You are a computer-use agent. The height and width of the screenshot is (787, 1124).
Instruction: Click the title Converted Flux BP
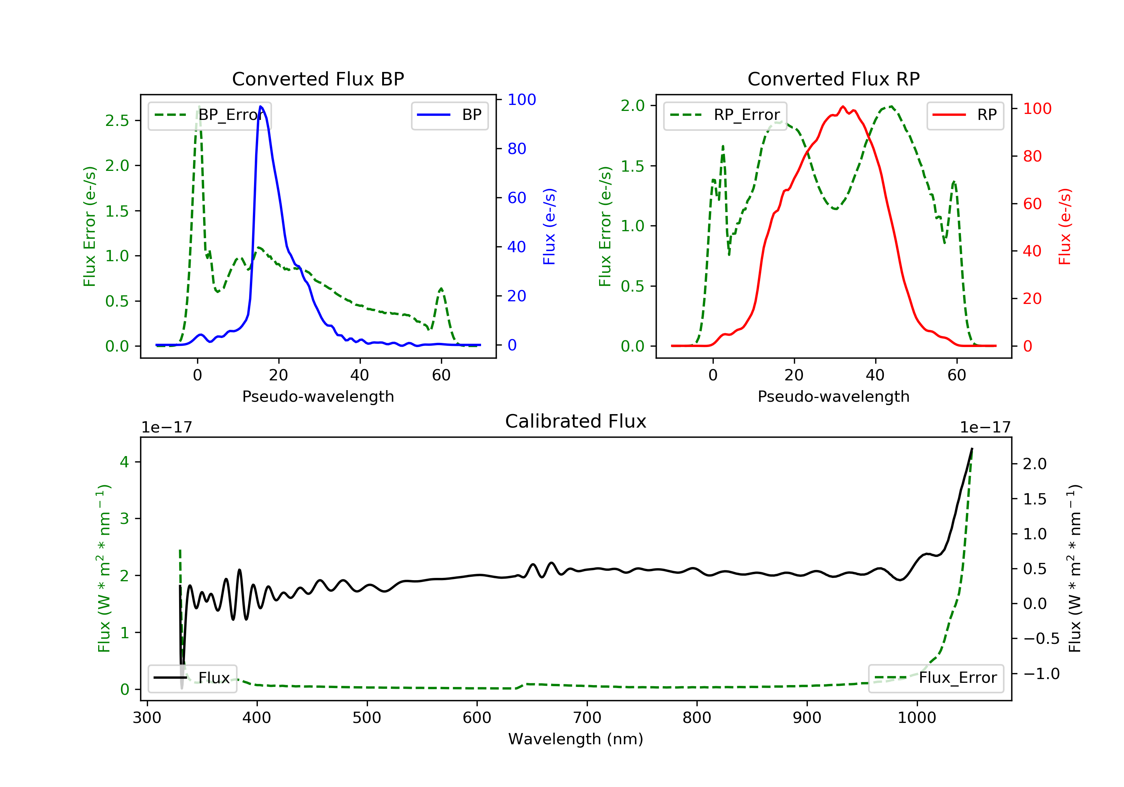318,79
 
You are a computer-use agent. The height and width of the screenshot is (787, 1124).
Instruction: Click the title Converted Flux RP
833,79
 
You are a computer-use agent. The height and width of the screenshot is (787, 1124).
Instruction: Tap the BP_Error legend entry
209,115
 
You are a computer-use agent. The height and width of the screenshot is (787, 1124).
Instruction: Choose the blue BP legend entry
449,115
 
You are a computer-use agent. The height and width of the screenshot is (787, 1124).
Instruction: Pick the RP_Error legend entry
725,115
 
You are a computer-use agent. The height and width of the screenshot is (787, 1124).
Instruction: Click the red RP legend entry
965,115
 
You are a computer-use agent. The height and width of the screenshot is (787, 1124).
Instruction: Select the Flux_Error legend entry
936,678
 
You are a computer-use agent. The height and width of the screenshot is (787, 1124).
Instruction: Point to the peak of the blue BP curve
261,106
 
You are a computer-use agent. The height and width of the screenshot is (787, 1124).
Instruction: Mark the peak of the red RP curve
843,106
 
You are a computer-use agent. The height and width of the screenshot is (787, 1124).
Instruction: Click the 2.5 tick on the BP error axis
117,120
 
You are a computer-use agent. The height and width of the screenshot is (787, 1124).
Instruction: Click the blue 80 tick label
516,149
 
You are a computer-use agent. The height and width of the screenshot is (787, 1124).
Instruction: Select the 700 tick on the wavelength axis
587,718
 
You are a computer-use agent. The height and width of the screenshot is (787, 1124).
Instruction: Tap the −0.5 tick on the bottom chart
1041,639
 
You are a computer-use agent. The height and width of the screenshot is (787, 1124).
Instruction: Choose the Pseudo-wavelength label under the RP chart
833,396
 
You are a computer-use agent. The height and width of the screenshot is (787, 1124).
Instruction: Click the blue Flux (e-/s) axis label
549,227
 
